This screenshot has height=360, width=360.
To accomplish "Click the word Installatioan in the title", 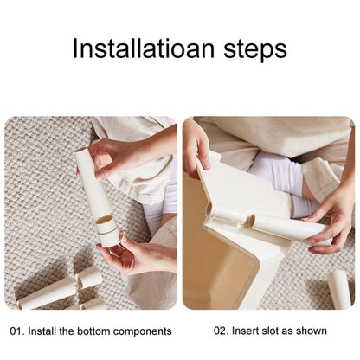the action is coord(144,48).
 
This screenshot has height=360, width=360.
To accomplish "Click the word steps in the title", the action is coord(255,49).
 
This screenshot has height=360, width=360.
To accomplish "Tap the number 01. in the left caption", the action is coord(16,331).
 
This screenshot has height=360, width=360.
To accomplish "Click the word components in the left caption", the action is coord(143,331).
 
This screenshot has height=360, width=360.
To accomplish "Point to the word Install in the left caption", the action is coord(42,331).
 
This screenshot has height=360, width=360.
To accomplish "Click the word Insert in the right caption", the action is coord(244,331).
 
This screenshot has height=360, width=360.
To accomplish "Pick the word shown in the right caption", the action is coord(312,331).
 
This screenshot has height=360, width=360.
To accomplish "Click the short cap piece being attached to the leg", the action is coord(106,231).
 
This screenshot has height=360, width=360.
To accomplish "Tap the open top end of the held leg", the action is coord(81,151).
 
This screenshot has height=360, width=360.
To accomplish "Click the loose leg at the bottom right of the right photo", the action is coord(339,288).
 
